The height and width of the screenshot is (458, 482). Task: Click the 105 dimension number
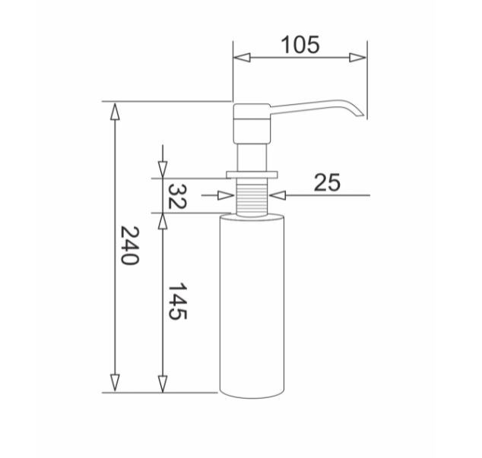[x=300, y=45]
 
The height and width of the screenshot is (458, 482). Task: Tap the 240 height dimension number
[x=130, y=245]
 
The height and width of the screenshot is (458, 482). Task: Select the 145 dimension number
[x=177, y=302]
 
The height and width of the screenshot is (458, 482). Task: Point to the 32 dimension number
[x=177, y=196]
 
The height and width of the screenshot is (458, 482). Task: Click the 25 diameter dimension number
[x=327, y=182]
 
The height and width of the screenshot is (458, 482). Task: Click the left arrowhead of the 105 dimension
[x=242, y=58]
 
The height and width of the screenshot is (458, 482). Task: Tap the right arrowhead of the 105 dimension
[x=357, y=58]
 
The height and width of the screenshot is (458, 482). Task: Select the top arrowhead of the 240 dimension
[x=115, y=111]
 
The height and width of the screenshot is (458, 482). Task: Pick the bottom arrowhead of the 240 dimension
[x=115, y=383]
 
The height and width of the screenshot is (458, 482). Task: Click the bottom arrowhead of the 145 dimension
[x=163, y=384]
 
